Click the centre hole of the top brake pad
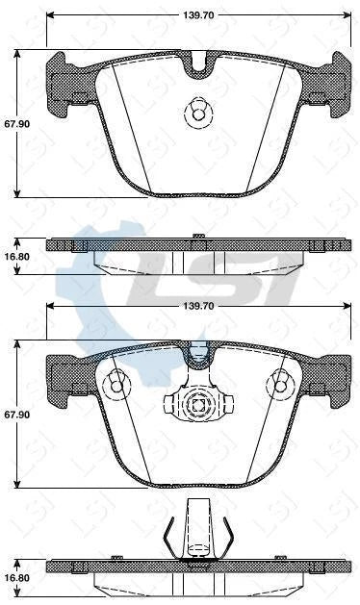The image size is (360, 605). [x=198, y=114]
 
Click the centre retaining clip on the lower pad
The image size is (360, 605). [x=199, y=407]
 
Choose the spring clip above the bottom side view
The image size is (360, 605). [x=198, y=530]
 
